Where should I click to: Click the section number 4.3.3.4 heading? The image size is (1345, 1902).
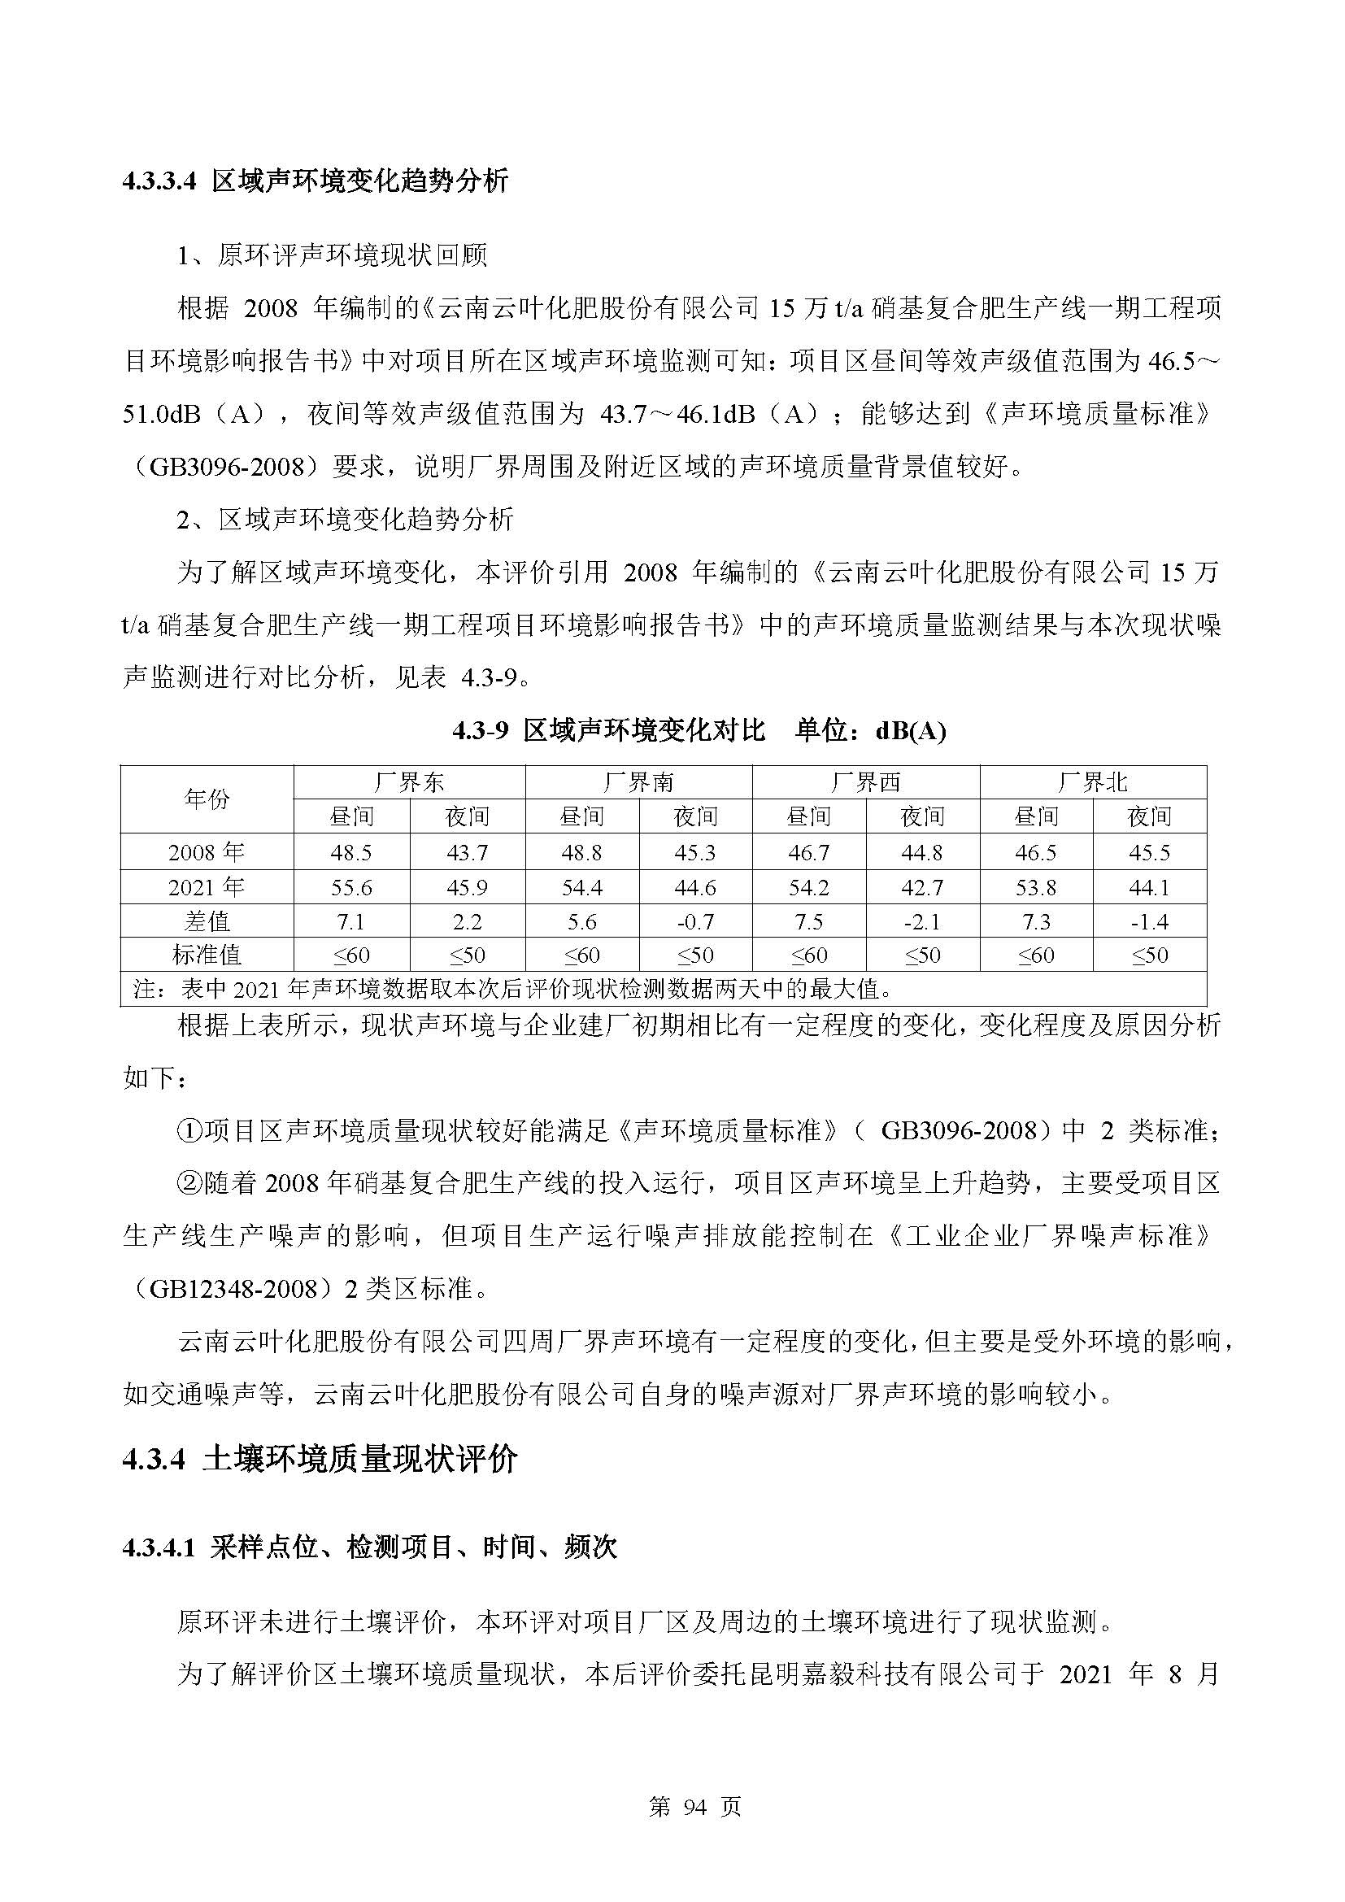coord(159,182)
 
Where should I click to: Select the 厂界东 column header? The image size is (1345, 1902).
coord(409,782)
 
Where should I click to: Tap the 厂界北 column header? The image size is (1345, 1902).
coord(1092,782)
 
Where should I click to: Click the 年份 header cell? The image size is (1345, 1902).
coord(207,799)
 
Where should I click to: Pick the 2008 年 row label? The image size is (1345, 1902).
coord(207,852)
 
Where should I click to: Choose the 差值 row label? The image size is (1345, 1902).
coord(207,921)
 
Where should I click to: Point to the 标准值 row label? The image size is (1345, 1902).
coord(207,955)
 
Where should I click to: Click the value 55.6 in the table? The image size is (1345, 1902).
coord(351,887)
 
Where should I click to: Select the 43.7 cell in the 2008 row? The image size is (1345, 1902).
coord(467,852)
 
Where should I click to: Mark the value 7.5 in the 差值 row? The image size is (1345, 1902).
coord(808,921)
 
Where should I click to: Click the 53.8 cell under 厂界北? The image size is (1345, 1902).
coord(1035,887)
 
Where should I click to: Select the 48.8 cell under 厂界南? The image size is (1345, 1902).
coord(581,852)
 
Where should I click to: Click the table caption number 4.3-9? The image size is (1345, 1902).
coord(484,731)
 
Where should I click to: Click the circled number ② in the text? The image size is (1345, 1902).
coord(189,1183)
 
